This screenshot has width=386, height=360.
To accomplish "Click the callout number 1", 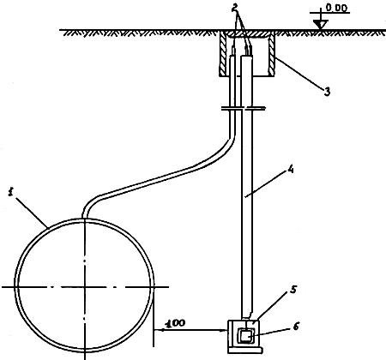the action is (11, 193).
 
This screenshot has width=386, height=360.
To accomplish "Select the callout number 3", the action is (327, 92).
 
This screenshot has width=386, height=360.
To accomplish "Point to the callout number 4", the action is (291, 170).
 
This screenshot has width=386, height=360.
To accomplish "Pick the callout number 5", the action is (293, 290).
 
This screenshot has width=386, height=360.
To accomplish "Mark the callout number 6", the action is (296, 326).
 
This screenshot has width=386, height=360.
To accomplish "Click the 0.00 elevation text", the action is (336, 9).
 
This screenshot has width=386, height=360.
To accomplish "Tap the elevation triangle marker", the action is (321, 25).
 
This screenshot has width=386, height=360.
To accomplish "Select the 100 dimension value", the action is (176, 323).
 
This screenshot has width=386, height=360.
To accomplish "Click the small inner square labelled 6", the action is (245, 335).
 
